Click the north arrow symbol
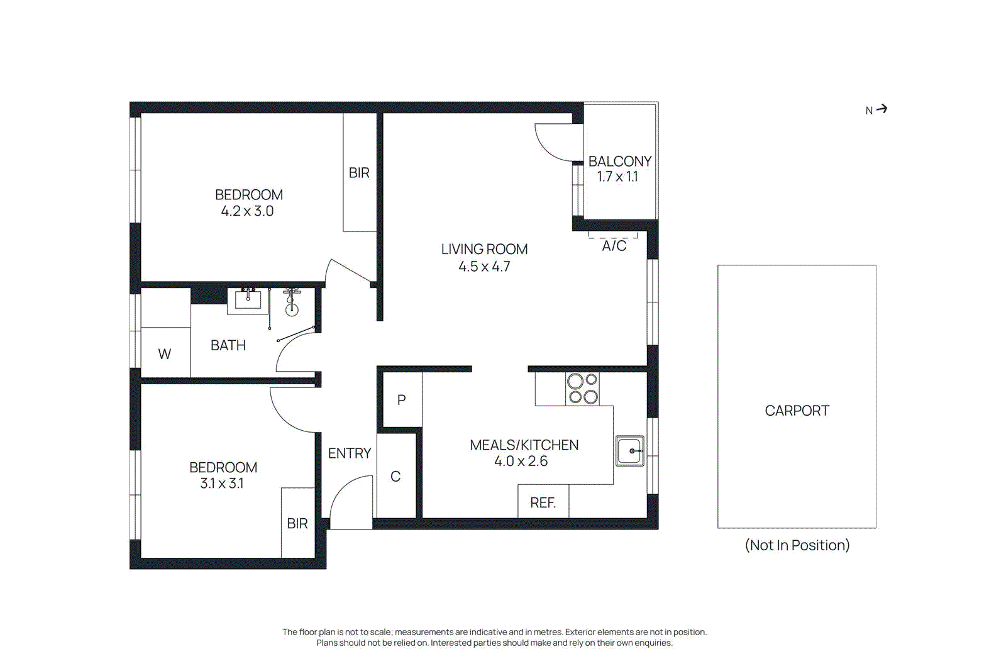[x=882, y=109]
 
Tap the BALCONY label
[x=619, y=162]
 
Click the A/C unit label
[x=614, y=246]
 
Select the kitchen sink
[x=630, y=451]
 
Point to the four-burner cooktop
[x=582, y=389]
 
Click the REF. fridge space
[x=543, y=502]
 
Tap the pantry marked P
[x=402, y=400]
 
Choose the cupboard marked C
[x=395, y=477]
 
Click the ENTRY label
[x=350, y=453]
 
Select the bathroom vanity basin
[x=248, y=299]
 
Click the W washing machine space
[x=165, y=354]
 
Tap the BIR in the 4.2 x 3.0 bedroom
[x=359, y=173]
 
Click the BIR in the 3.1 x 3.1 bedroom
[x=297, y=523]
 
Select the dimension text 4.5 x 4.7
[x=484, y=267]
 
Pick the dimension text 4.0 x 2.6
[x=521, y=461]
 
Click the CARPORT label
[x=797, y=411]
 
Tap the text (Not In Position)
[x=797, y=545]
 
